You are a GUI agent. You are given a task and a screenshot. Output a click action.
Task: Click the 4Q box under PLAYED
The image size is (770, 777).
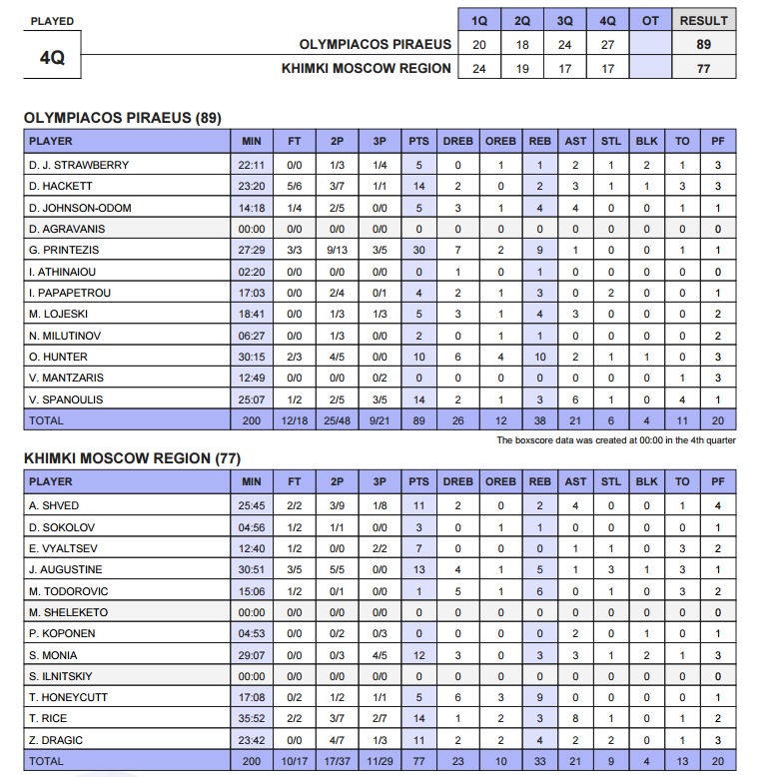[52, 58]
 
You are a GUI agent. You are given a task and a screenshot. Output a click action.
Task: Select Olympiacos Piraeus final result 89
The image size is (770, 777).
[704, 45]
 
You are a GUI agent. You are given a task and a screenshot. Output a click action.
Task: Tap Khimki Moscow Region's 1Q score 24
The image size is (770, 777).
[479, 69]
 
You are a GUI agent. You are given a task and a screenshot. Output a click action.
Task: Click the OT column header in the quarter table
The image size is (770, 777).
[650, 21]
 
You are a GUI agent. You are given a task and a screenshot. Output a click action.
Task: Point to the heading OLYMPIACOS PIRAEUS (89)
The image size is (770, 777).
[122, 118]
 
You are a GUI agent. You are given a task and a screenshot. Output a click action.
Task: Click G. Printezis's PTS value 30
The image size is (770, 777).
[418, 250]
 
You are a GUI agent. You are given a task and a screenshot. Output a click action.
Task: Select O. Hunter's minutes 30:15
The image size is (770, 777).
[252, 357]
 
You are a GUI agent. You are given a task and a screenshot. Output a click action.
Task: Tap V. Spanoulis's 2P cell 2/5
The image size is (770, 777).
[337, 399]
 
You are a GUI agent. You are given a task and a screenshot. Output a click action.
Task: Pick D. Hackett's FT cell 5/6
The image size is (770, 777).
[295, 186]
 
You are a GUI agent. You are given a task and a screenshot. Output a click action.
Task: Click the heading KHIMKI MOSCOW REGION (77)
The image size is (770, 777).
[133, 458]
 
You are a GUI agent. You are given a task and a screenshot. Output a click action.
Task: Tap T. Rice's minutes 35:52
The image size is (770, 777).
[252, 718]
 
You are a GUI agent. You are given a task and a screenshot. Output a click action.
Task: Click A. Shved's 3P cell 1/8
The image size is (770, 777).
[380, 505]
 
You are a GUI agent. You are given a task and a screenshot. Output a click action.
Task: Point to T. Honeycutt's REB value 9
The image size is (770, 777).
[539, 697]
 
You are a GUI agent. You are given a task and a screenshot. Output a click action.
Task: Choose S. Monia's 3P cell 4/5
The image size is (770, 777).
[380, 654]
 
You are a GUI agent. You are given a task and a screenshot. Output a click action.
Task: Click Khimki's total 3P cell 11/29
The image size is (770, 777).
[380, 761]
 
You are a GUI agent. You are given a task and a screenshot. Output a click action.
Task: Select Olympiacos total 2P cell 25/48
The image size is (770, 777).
[337, 421]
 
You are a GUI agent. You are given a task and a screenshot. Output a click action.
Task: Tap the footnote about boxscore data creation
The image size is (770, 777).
[615, 439]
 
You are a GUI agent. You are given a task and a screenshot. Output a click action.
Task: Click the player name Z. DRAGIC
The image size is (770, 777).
[58, 739]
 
